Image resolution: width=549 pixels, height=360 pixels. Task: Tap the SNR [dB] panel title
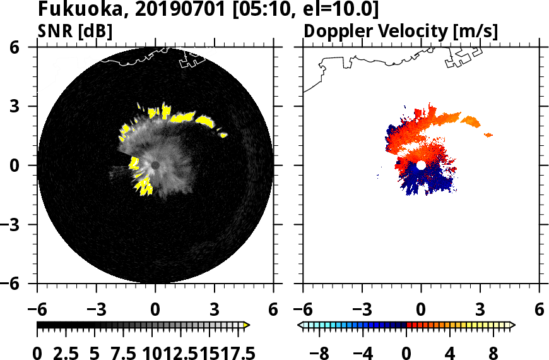(x=75, y=31)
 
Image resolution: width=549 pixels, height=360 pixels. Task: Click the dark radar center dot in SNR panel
(x=155, y=165)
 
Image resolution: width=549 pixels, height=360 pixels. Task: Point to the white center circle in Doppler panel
(x=421, y=165)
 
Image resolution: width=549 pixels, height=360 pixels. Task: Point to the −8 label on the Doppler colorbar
(x=321, y=352)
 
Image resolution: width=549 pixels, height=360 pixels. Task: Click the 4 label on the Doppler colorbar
(x=451, y=352)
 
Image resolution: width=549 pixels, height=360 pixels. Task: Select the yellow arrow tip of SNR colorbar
(x=247, y=325)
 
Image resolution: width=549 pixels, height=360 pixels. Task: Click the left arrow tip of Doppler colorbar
(x=300, y=325)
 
